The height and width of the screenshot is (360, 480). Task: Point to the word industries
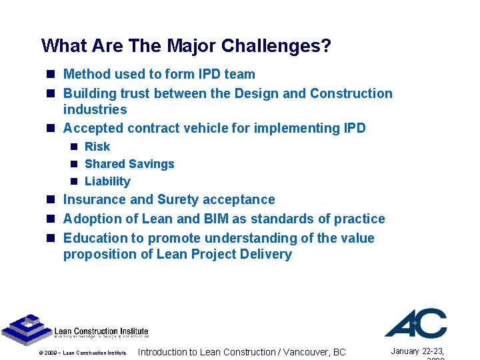click(x=95, y=109)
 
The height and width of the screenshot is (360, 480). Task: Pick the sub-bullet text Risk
click(x=97, y=147)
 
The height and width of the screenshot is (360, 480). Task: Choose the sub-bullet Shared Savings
click(x=129, y=164)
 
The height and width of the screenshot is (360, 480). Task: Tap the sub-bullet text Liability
click(x=107, y=181)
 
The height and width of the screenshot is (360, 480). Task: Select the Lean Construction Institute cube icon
click(x=26, y=328)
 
